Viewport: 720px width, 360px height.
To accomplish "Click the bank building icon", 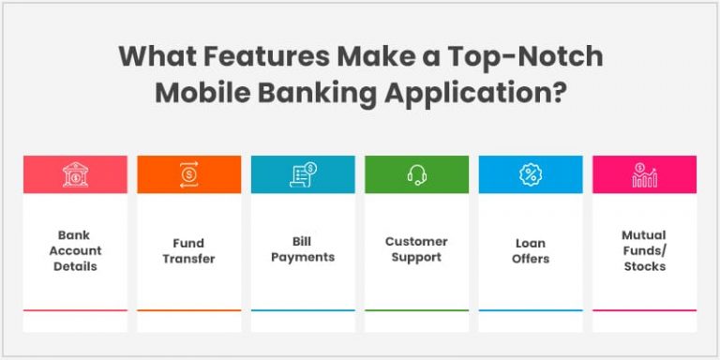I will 75,174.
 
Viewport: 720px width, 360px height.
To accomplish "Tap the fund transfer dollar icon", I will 188,174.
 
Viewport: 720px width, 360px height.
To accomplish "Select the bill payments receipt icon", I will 303,174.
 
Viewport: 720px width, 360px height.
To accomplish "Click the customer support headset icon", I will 416,174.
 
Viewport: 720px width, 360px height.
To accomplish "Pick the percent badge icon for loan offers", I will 531,174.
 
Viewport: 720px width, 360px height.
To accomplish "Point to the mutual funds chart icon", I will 644,174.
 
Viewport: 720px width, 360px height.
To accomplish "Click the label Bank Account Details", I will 75,250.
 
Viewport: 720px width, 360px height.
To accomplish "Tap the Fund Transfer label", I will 188,251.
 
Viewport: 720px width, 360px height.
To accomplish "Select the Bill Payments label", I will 303,250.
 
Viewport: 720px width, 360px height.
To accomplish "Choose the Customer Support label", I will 416,249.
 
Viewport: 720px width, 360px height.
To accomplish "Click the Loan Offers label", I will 531,251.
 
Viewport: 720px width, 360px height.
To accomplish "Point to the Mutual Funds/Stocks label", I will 644,250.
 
